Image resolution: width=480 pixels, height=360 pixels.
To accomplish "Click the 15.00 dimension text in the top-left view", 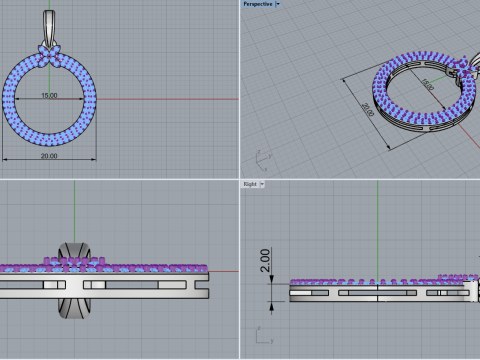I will tap(48, 96).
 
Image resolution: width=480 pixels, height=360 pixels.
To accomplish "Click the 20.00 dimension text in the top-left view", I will tap(47, 154).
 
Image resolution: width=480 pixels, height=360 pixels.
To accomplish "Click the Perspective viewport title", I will tap(257, 4).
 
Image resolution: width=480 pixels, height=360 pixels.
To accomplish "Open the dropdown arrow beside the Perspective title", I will tap(278, 4).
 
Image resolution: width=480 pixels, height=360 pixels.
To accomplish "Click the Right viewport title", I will tap(251, 185).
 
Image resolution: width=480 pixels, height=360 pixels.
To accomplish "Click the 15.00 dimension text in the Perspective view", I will tap(400, 87).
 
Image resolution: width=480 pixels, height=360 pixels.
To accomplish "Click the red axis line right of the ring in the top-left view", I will tap(170, 99).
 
